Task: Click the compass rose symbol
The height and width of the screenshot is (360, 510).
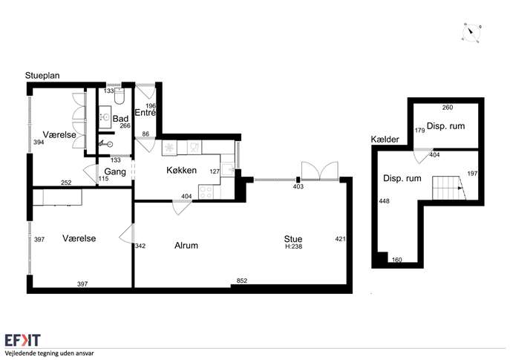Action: click(471, 33)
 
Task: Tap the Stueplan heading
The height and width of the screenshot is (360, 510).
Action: click(42, 76)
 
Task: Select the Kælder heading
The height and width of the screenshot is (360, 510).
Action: click(385, 140)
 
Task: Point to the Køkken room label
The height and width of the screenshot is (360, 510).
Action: click(181, 170)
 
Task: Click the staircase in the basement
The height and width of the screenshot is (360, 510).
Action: click(449, 188)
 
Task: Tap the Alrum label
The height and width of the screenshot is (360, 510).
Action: click(186, 245)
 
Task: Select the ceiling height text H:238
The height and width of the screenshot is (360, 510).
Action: click(294, 246)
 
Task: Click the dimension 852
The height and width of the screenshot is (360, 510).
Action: click(242, 281)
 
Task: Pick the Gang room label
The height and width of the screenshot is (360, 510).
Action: click(115, 171)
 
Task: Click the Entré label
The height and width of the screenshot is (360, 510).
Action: click(145, 113)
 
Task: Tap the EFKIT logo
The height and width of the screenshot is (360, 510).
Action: click(23, 340)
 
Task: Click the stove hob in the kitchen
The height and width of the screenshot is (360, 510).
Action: click(206, 192)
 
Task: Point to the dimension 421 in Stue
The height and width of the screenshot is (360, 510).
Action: click(340, 239)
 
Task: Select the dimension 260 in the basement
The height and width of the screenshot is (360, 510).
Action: click(448, 108)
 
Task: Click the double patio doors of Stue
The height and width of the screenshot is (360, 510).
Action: click(320, 171)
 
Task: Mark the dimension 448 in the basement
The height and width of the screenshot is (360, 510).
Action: click(384, 201)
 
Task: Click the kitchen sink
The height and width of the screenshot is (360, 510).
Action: click(228, 169)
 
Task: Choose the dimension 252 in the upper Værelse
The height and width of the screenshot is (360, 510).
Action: click(66, 183)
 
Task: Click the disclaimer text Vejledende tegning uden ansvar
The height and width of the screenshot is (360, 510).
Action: click(49, 353)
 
